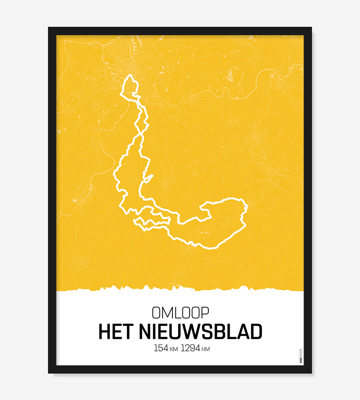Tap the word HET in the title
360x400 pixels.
coord(116,332)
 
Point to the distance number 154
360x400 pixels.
coord(161,348)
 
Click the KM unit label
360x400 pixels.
coord(174,349)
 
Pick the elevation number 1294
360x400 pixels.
coord(191,348)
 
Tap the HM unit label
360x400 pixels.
coord(206,349)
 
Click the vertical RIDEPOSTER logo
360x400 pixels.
coord(301,356)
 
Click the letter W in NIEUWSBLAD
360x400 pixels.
coord(192,332)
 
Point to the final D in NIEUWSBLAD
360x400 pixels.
coord(256,332)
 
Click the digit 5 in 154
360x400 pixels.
coord(161,348)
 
